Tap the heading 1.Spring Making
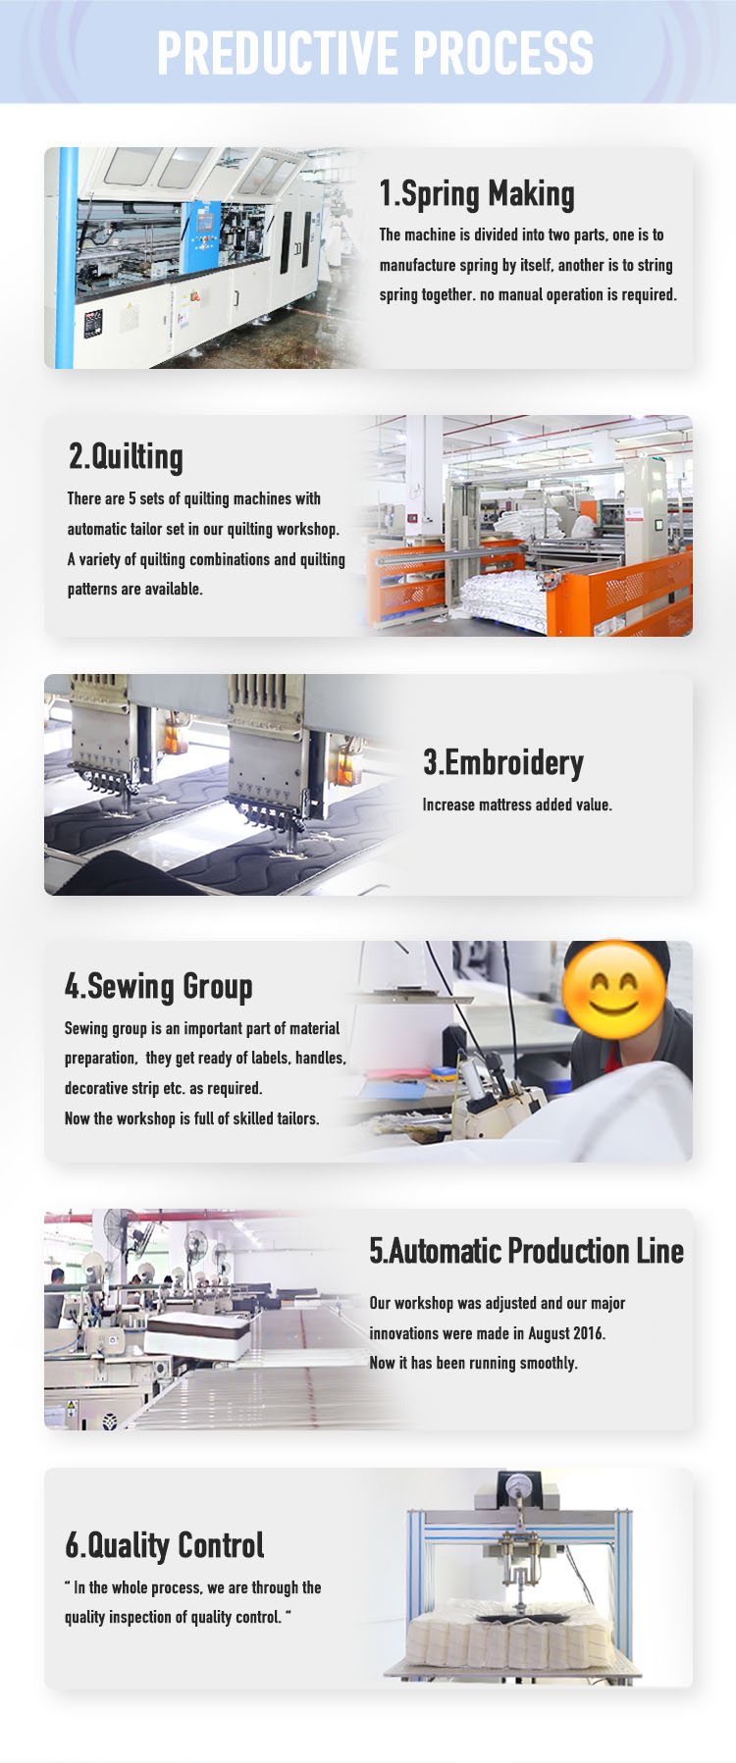click(x=477, y=193)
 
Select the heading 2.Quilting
click(x=126, y=456)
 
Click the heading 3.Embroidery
click(x=503, y=762)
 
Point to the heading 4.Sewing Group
click(x=159, y=986)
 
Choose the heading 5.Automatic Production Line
click(x=526, y=1251)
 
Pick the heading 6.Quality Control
click(x=165, y=1545)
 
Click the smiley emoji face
click(x=614, y=993)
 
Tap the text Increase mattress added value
click(x=517, y=804)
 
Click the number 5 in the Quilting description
click(x=132, y=498)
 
